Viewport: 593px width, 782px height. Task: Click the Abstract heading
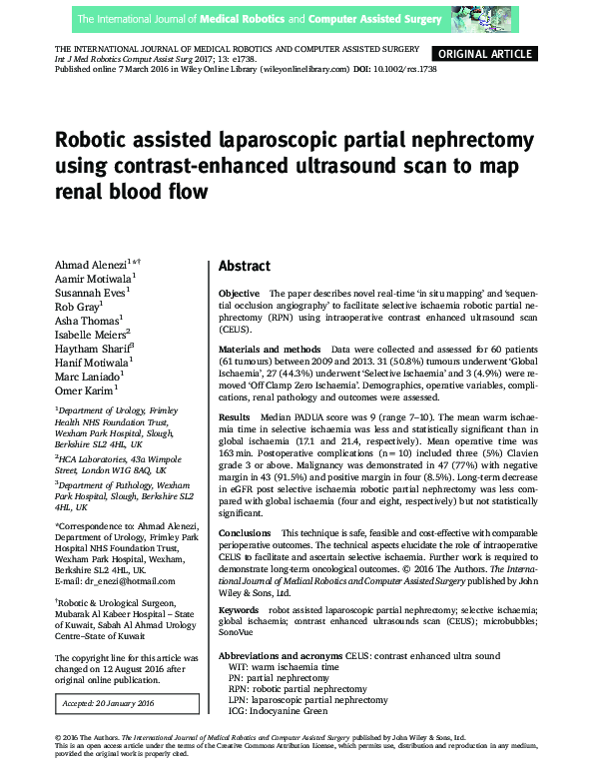tap(245, 266)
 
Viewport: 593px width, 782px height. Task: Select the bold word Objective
tap(239, 294)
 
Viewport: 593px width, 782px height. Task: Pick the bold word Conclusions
tap(246, 533)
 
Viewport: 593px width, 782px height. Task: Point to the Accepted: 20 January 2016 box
tap(107, 703)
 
